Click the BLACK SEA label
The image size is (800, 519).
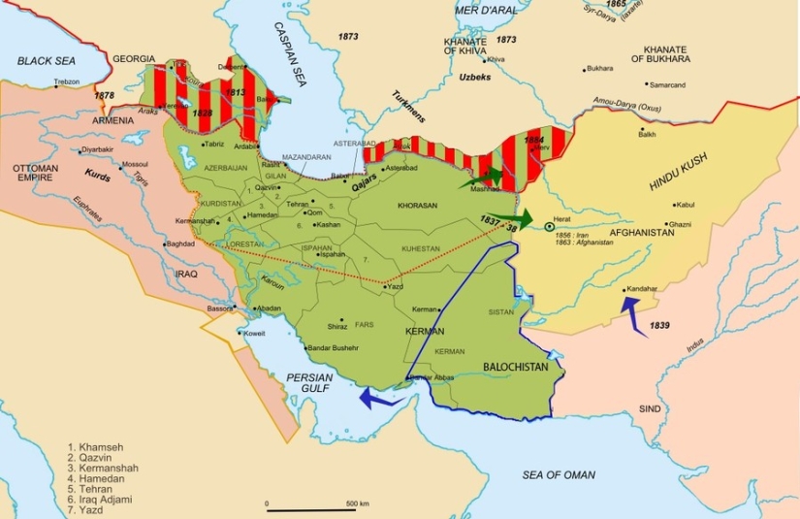pos(46,60)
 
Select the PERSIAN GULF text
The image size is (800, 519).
pos(307,383)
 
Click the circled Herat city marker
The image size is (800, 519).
pos(549,227)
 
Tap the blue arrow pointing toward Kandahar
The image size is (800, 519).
pos(632,315)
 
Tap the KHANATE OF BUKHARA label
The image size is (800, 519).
pos(674,54)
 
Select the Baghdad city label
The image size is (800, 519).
pos(181,243)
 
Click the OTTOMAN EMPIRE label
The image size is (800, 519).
pos(34,173)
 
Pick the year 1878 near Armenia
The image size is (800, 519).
pos(105,96)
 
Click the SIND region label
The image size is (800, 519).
pos(650,408)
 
